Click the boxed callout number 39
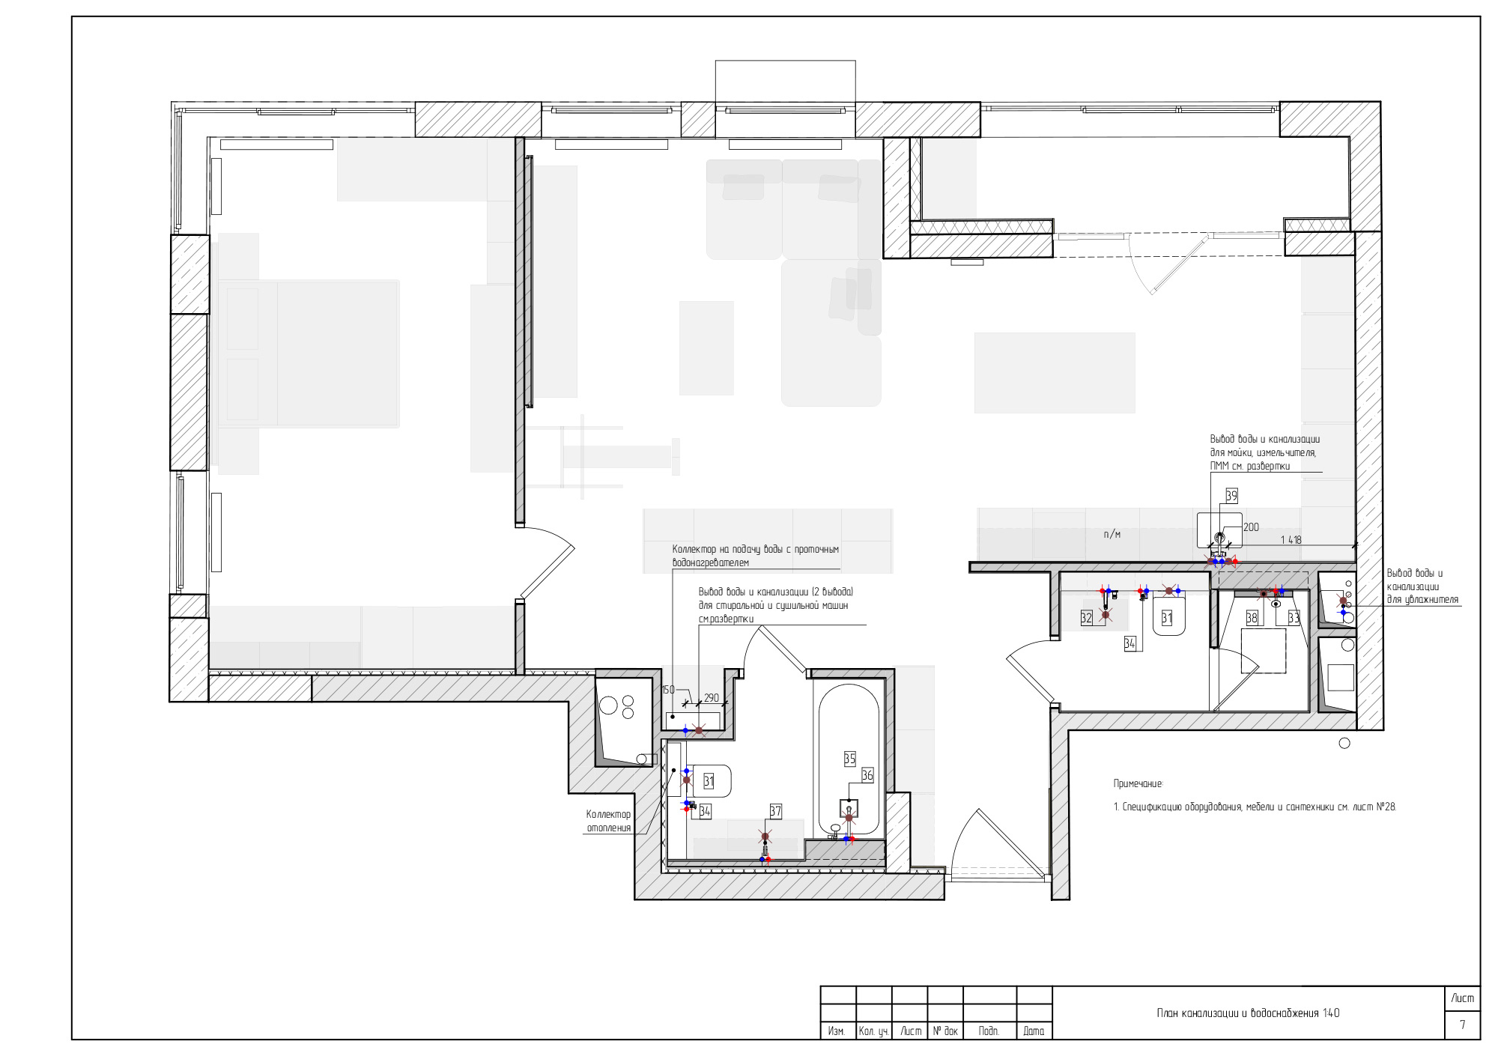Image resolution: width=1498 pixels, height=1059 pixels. tap(1231, 496)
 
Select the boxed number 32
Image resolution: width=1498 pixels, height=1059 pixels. tap(1086, 618)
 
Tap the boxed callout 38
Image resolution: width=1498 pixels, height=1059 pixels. tap(1252, 618)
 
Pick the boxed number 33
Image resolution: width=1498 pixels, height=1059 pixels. tap(1294, 618)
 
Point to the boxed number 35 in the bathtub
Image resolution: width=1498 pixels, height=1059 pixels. tap(849, 759)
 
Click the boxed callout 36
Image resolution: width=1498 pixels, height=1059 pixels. tap(867, 775)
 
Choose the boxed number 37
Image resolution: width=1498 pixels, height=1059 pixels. tap(775, 811)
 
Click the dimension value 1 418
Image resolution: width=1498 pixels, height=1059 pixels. tap(1291, 540)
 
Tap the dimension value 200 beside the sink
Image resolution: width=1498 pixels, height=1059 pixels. tap(1251, 527)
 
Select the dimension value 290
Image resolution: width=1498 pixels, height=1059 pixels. tap(711, 698)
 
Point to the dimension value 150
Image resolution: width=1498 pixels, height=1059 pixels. tap(668, 690)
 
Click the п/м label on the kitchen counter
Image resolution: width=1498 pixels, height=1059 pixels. tap(1112, 534)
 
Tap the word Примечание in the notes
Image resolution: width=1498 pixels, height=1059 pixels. tap(1138, 784)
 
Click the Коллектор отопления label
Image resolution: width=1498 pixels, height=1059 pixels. tap(608, 821)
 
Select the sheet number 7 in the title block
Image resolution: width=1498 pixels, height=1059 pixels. tap(1462, 1025)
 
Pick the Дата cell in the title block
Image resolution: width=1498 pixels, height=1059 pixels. tap(1034, 1031)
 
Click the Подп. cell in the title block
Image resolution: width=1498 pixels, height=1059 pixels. tap(989, 1031)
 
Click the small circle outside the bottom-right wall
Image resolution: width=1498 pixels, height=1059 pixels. tap(1344, 743)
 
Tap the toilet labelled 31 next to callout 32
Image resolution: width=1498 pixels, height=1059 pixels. tap(1168, 616)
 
